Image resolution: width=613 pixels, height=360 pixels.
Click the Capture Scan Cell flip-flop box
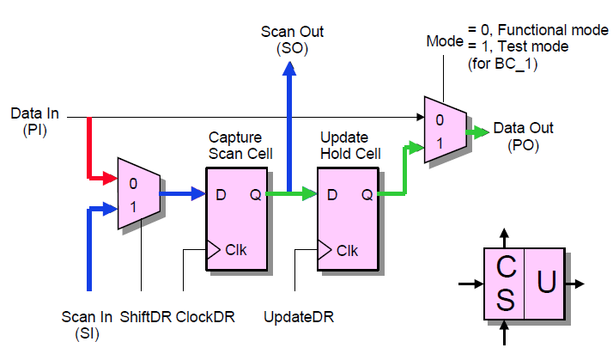235,219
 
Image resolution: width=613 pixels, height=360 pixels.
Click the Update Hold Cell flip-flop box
347,219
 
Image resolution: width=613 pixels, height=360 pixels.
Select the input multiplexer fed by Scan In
138,192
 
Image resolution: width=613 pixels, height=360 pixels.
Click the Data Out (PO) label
523,137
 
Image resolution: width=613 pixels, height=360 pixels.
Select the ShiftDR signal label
146,317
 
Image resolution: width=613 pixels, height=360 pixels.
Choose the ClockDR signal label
207,317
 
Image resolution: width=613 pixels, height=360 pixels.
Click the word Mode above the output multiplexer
445,40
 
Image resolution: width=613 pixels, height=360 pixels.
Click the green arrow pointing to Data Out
476,132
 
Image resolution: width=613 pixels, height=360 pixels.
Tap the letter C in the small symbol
506,269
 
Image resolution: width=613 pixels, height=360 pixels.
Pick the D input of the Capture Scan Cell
221,195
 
